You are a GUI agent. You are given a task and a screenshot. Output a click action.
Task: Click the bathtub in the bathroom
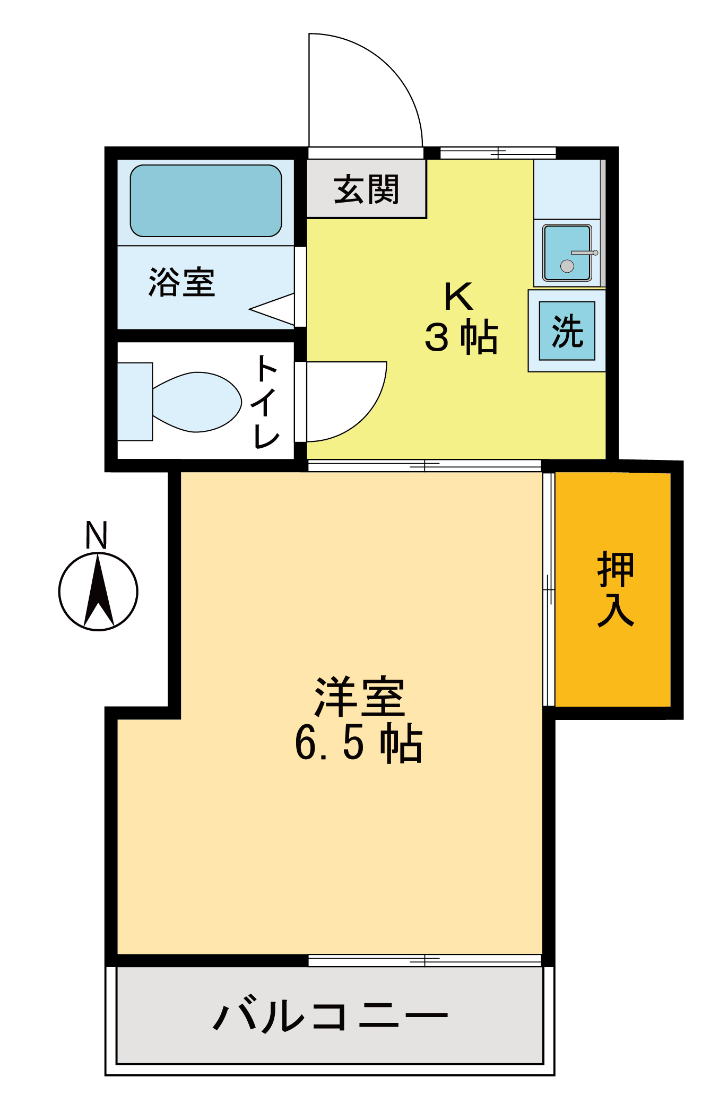tap(206, 201)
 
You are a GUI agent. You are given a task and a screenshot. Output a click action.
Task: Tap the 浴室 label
tap(182, 282)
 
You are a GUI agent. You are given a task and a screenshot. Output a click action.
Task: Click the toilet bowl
tap(196, 402)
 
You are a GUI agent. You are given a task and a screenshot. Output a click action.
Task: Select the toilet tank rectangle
tap(135, 402)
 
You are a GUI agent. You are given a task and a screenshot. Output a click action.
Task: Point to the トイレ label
tap(266, 402)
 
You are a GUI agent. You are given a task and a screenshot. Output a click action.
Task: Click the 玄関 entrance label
tap(366, 189)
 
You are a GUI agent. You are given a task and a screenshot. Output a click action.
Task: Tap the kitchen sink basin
tap(567, 253)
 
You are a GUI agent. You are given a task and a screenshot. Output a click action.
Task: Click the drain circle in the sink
tap(567, 266)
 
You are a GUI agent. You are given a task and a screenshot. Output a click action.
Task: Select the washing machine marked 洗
tap(567, 331)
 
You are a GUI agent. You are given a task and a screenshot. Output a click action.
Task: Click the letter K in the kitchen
tap(458, 297)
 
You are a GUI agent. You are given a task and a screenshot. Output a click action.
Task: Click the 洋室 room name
tap(360, 697)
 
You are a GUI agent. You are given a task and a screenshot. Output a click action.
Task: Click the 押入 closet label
tap(616, 589)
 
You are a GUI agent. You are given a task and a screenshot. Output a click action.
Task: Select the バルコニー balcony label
tap(330, 1015)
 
